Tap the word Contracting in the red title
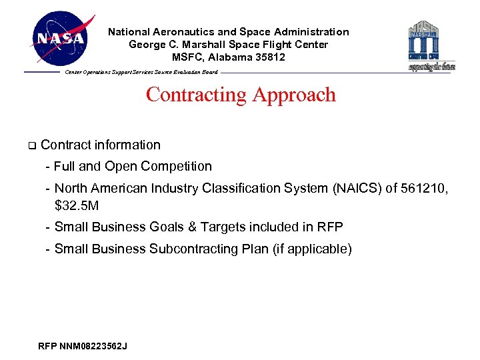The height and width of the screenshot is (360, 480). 196,95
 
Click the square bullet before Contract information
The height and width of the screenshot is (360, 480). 30,145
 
